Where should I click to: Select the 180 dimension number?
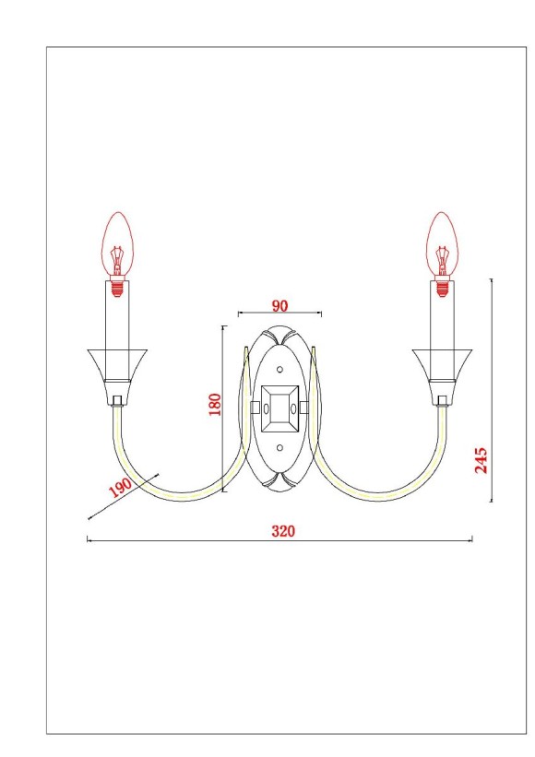[x=215, y=405]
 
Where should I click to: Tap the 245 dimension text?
[x=481, y=458]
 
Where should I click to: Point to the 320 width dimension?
[x=282, y=531]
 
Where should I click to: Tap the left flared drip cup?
[x=117, y=363]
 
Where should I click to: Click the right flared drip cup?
[x=444, y=363]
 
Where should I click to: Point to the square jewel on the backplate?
[x=279, y=404]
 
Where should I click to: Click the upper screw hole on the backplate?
[x=280, y=369]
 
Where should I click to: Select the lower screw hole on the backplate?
[x=280, y=449]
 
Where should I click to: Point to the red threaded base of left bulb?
[x=117, y=283]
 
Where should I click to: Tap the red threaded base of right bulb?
[x=444, y=283]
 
